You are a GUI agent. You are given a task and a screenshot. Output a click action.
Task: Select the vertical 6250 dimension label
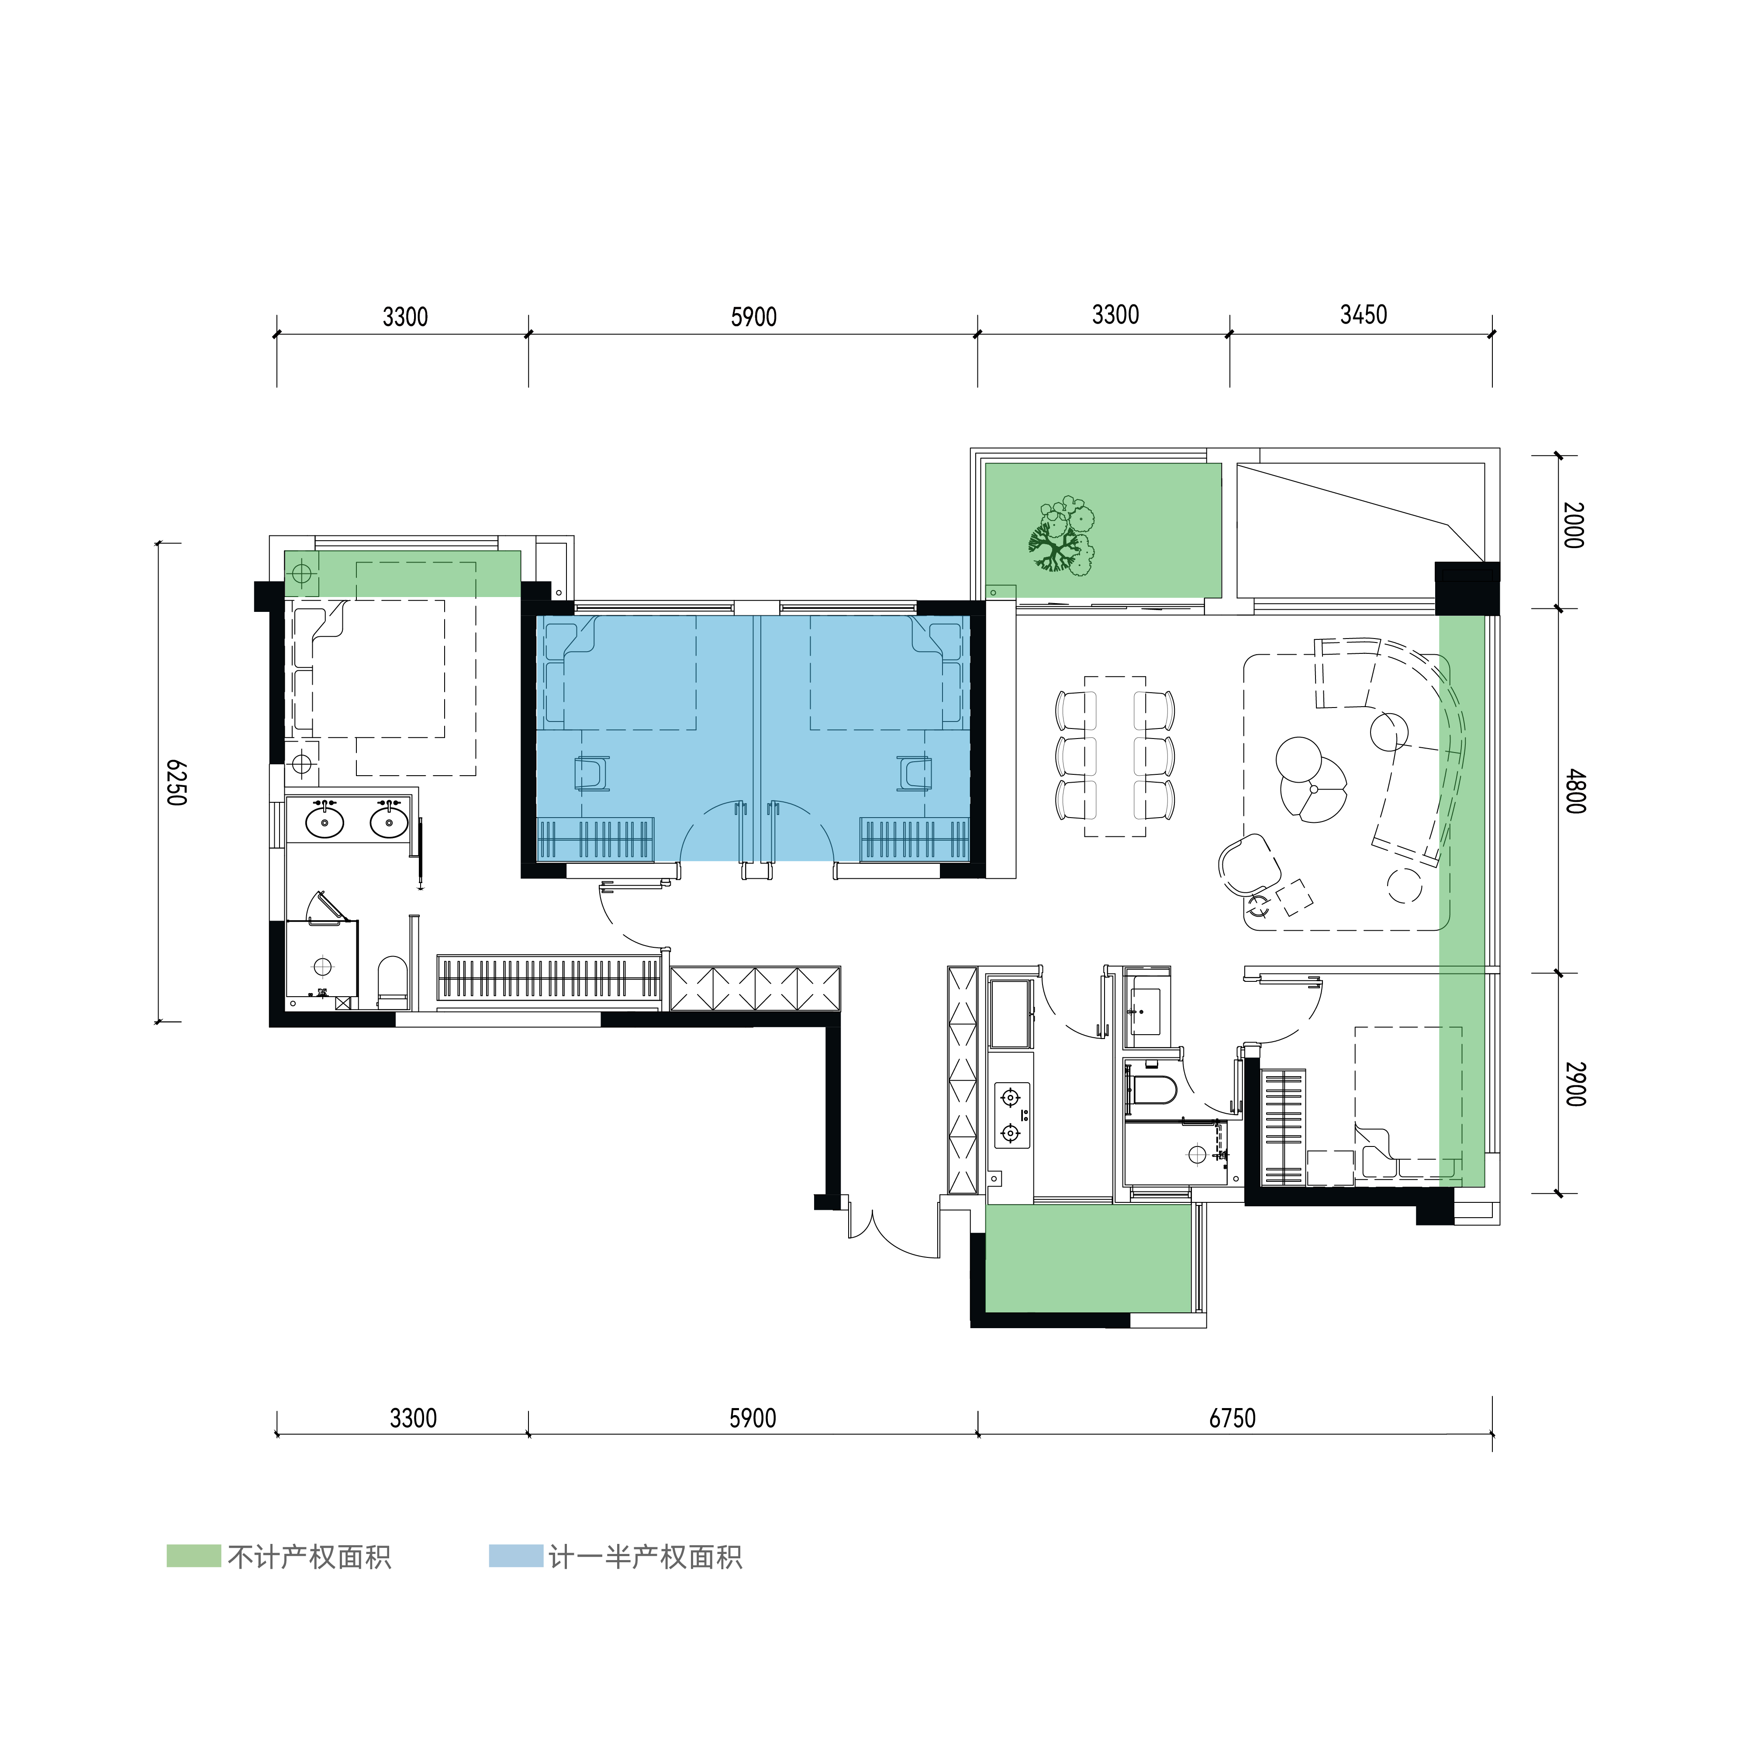tap(176, 783)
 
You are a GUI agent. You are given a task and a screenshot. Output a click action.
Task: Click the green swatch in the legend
tap(193, 1555)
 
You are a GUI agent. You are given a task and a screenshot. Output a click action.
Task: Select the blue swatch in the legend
tap(516, 1555)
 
